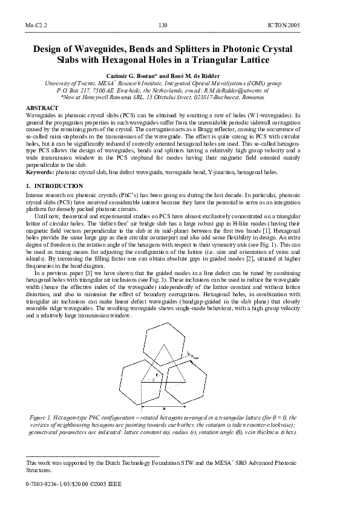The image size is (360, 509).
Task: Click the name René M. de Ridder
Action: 208,73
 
